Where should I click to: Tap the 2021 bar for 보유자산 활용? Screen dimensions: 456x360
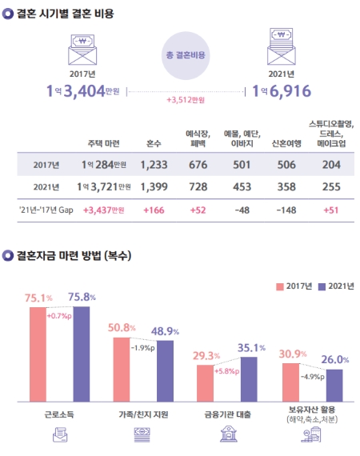(334, 385)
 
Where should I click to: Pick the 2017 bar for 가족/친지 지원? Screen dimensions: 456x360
(122, 369)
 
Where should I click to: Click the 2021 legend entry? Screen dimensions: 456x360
(336, 286)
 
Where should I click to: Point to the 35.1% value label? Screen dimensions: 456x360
(251, 348)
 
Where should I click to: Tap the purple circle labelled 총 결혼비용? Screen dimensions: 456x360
(186, 55)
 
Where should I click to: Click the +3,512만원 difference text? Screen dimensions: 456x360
(186, 100)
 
